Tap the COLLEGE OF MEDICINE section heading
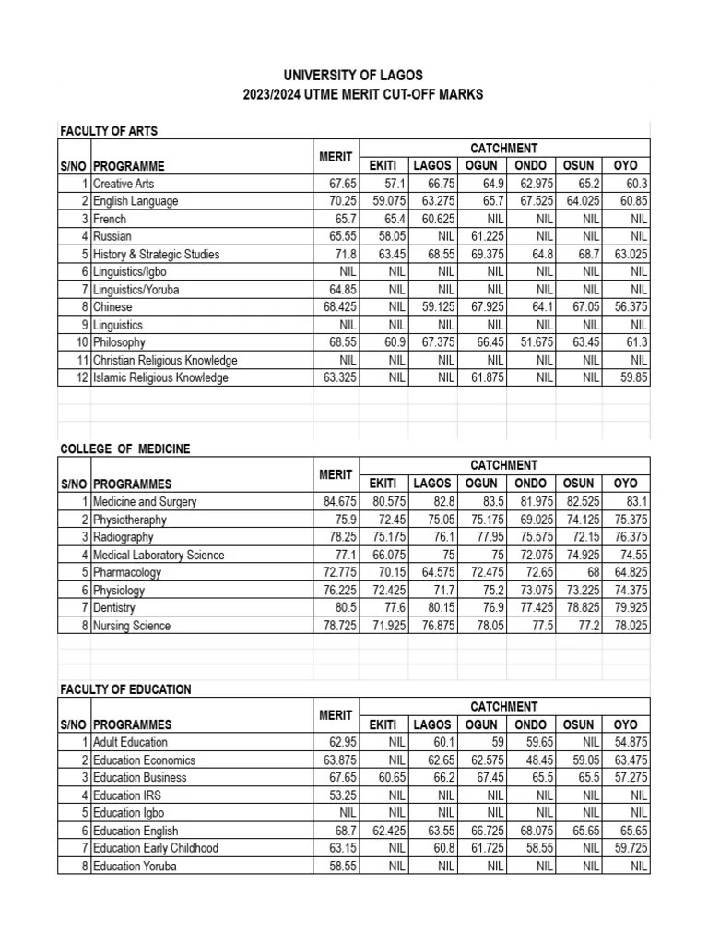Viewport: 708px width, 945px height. click(x=125, y=449)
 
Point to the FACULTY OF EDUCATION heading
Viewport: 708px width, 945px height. click(x=125, y=689)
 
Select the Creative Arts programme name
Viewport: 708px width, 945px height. click(x=124, y=185)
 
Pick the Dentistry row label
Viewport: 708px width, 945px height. click(x=114, y=608)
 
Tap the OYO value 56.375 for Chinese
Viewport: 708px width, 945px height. click(x=630, y=307)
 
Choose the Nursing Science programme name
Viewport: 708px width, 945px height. click(x=132, y=626)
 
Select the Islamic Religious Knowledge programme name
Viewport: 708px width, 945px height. click(x=160, y=377)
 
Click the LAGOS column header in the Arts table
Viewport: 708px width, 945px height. click(x=432, y=165)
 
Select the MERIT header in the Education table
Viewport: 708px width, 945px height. click(x=336, y=715)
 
